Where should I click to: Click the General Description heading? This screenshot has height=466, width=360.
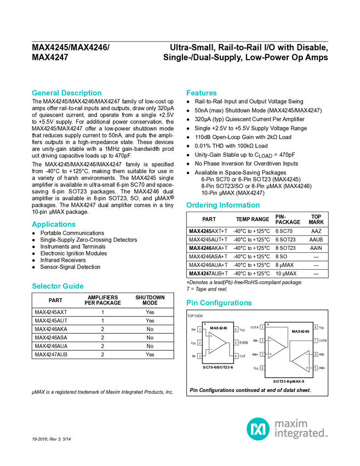pos(66,93)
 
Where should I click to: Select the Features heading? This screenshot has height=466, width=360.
pos(202,93)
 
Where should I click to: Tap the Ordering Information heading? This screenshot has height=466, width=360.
pos(222,206)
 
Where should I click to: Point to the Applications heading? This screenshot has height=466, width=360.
pos(54,224)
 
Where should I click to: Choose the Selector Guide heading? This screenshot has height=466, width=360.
pos(58,286)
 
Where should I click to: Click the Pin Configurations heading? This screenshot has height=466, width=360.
pos(219,303)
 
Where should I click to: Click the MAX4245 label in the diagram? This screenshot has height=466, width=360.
pos(218,328)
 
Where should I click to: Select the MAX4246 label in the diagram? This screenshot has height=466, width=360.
pos(300,332)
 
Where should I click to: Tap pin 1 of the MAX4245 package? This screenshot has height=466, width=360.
pos(200,329)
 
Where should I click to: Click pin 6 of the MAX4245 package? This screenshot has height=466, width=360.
pos(236,329)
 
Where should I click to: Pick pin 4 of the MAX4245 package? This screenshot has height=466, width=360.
pos(236,356)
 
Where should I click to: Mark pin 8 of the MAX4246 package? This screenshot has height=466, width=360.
pos(316,327)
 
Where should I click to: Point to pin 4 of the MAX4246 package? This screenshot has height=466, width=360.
pos(262,367)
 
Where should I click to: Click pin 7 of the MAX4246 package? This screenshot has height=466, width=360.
pos(316,340)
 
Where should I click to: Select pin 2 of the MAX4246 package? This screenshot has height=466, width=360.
pos(262,340)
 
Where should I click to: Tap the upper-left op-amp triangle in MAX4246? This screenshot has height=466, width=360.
pos(277,347)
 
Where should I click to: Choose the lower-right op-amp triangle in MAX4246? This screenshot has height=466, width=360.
pos(301,361)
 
